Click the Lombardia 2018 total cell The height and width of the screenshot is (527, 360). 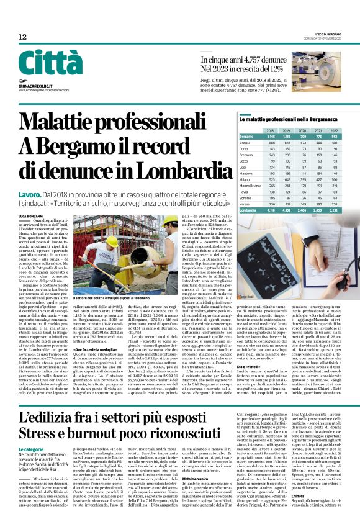270,211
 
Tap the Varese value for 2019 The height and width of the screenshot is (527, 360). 287,205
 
